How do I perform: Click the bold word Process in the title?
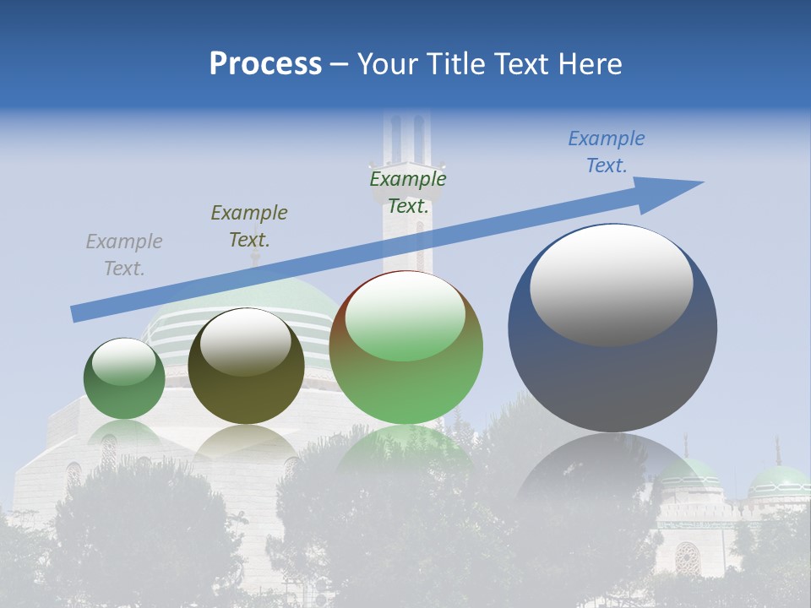265,64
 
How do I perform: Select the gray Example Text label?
124,255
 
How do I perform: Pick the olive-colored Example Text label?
249,226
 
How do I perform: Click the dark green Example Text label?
408,193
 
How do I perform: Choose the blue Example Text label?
607,152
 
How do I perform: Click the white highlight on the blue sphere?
612,284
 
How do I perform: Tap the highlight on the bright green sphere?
405,317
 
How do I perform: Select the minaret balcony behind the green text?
407,169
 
